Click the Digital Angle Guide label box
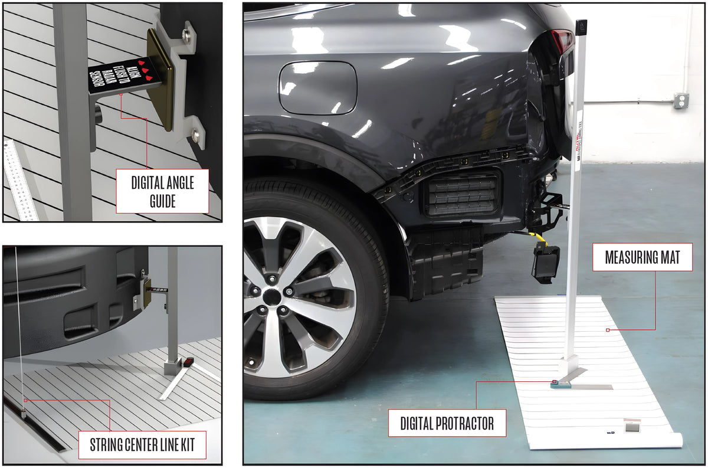tap(162, 191)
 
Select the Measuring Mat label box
tap(643, 257)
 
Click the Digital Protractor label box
tap(447, 423)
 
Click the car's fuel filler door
tap(317, 87)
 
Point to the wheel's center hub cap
tap(271, 297)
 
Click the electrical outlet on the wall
tap(681, 100)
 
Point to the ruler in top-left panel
tap(19, 180)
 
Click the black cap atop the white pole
tap(581, 26)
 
